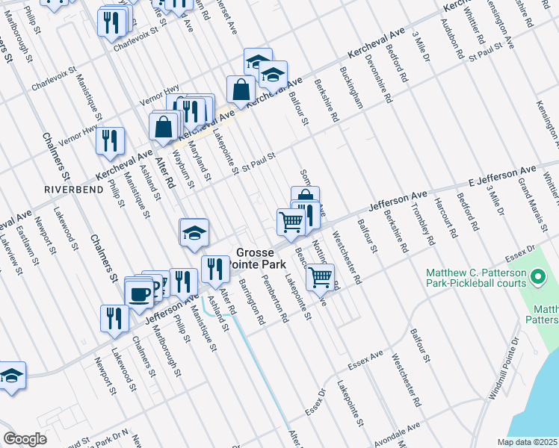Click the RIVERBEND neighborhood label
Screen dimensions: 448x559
(66, 189)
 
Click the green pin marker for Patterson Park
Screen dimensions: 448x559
(537, 279)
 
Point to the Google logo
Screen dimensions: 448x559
(25, 439)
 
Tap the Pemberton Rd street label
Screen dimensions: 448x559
(275, 299)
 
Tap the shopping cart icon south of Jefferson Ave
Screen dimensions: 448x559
(321, 277)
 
